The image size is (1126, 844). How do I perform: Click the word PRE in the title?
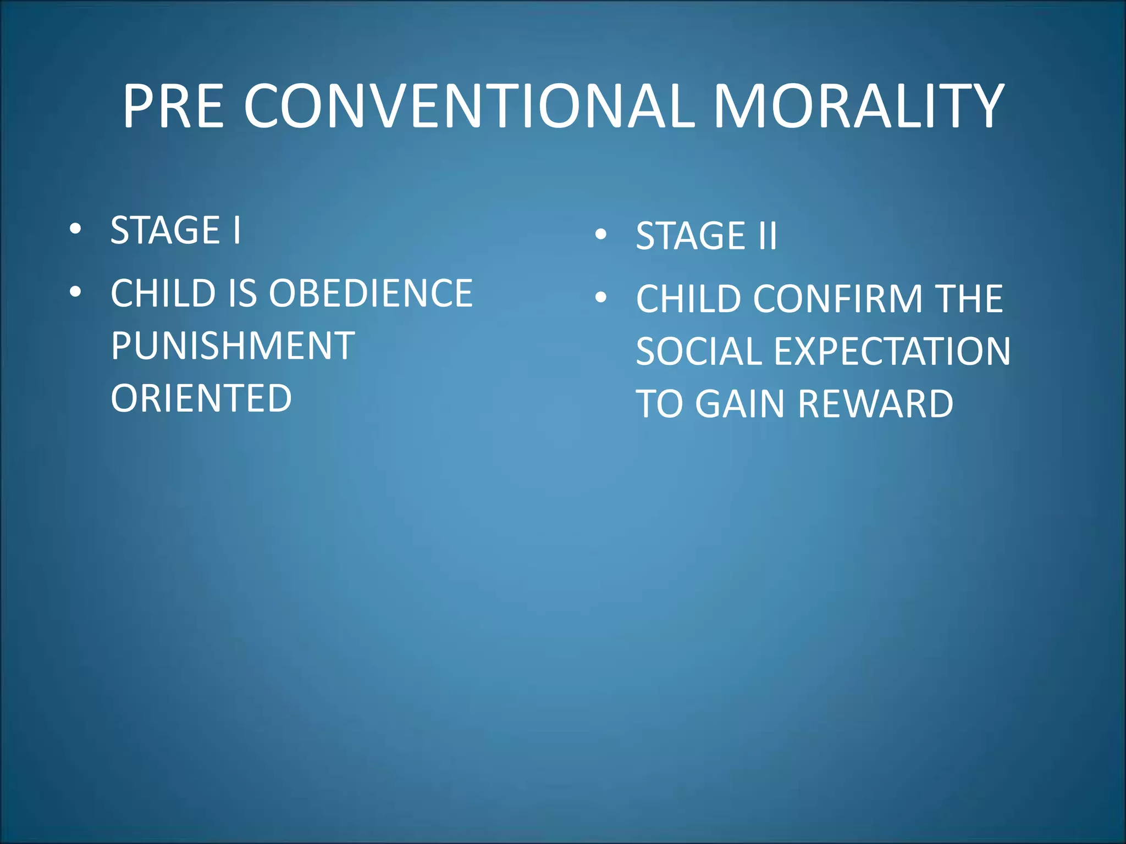pyautogui.click(x=173, y=107)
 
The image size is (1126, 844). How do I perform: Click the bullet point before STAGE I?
pyautogui.click(x=76, y=229)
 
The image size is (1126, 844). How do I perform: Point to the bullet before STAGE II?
pyautogui.click(x=601, y=235)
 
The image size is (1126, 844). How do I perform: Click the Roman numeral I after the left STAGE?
pyautogui.click(x=236, y=230)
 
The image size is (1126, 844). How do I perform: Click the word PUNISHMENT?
pyautogui.click(x=233, y=346)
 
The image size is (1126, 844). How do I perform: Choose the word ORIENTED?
pyautogui.click(x=201, y=398)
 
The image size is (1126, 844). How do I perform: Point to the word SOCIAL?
pyautogui.click(x=698, y=352)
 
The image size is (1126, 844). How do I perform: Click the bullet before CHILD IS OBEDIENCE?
pyautogui.click(x=76, y=292)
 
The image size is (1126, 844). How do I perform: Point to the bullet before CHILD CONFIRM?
pyautogui.click(x=601, y=298)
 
